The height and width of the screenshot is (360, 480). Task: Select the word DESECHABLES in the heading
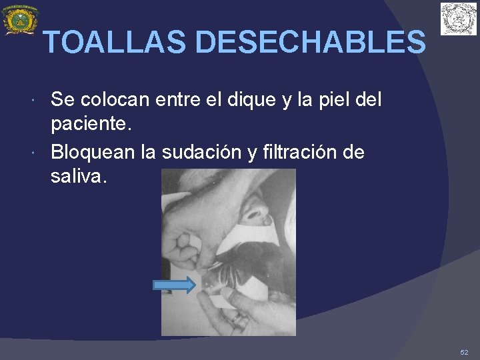[311, 43]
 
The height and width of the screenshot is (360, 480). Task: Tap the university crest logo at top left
[20, 20]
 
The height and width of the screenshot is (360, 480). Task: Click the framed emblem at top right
[459, 19]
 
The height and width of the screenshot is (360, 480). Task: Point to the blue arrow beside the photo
[174, 285]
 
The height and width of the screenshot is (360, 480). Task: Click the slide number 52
[464, 351]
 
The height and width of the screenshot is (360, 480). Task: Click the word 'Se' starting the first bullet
[62, 100]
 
